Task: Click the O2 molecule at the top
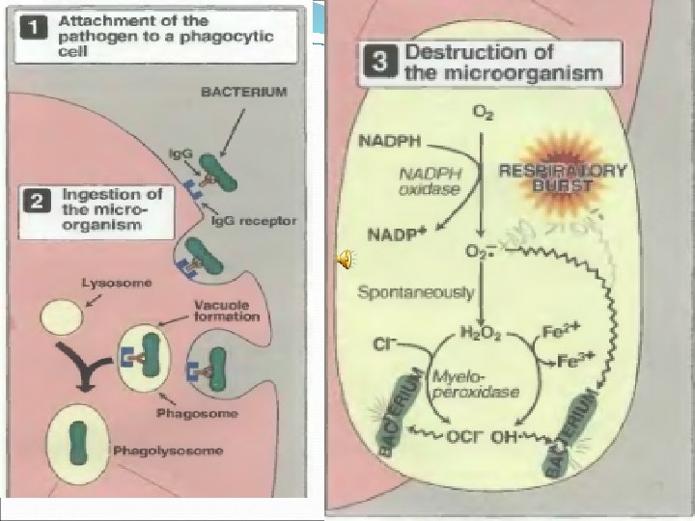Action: pos(479,113)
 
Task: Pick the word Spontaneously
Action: pos(403,289)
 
